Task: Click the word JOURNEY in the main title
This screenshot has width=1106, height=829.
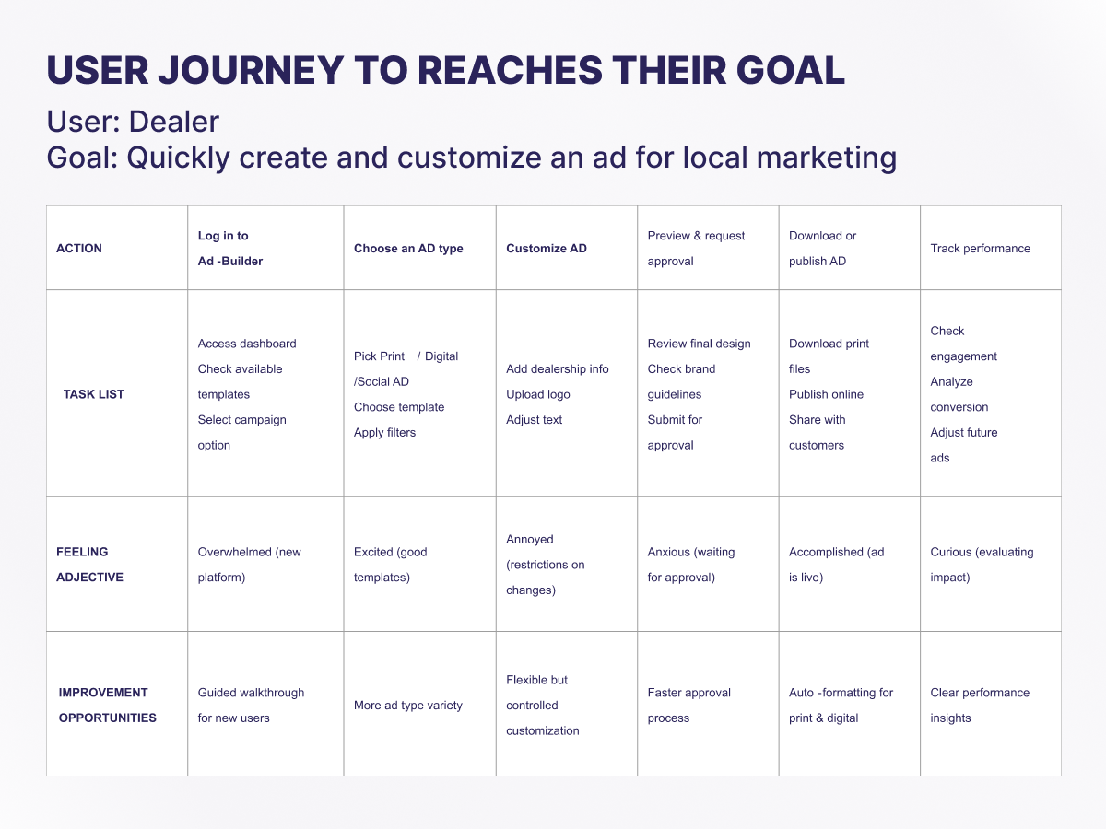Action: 251,70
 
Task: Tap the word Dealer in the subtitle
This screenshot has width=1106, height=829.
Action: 174,122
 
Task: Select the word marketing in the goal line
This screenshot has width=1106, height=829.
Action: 827,158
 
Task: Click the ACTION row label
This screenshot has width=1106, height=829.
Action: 79,248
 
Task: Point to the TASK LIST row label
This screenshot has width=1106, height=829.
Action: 94,394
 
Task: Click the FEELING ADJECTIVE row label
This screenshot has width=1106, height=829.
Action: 89,565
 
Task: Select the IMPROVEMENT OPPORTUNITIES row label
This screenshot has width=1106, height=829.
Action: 107,706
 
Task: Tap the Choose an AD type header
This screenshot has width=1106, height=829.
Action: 408,248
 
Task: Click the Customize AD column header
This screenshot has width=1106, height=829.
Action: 547,248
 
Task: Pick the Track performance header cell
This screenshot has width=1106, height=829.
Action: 980,248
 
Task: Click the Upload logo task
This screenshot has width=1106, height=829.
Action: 537,394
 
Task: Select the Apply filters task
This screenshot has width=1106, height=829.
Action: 384,432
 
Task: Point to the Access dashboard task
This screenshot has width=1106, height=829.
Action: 247,344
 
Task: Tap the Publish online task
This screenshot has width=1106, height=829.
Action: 826,394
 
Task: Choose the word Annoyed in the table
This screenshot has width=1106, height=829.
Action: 530,539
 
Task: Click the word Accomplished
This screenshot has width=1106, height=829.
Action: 826,552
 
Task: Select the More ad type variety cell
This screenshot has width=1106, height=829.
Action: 407,706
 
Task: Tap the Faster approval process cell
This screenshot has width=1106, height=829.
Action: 688,706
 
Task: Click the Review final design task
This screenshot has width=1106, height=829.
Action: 699,344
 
